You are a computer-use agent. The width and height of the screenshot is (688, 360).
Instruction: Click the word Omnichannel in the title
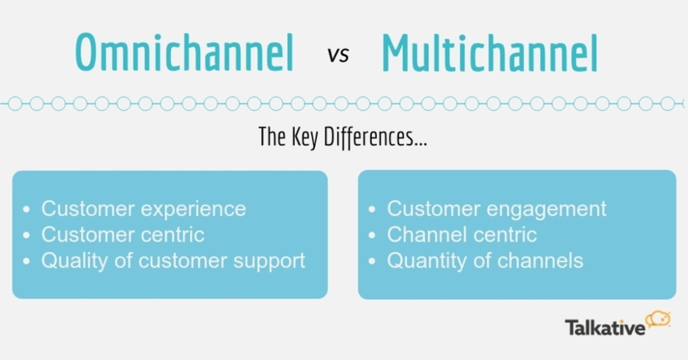click(x=184, y=54)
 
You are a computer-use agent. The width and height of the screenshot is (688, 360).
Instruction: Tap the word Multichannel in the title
click(x=490, y=54)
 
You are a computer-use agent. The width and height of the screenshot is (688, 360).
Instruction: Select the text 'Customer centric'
click(x=122, y=235)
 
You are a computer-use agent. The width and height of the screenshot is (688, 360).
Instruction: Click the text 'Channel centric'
click(x=462, y=235)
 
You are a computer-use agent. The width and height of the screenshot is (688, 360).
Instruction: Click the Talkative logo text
click(x=604, y=327)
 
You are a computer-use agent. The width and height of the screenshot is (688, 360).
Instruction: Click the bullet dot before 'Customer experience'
click(x=26, y=210)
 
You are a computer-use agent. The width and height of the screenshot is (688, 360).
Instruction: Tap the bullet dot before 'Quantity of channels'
click(x=372, y=261)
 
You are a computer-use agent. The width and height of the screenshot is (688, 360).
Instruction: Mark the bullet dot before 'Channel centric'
click(x=372, y=235)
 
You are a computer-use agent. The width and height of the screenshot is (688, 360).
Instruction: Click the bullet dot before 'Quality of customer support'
click(x=26, y=261)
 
